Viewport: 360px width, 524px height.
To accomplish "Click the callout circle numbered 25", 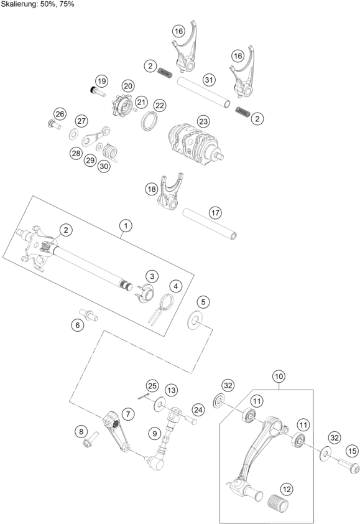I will (x=152, y=385).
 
